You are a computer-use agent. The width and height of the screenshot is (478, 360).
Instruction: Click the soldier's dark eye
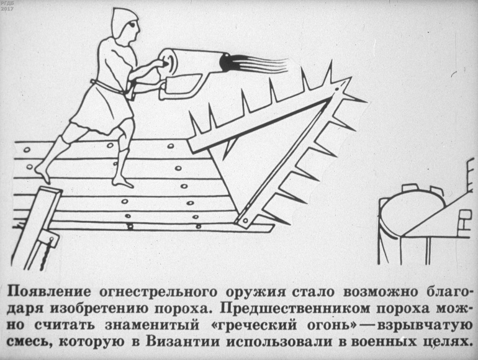tap(133, 24)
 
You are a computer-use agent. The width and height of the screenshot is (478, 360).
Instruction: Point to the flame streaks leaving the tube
tap(259, 63)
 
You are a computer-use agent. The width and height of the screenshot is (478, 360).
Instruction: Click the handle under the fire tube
tap(180, 88)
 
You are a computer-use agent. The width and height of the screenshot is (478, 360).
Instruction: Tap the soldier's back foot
tap(43, 173)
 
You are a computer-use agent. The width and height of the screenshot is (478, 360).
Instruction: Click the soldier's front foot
tap(122, 182)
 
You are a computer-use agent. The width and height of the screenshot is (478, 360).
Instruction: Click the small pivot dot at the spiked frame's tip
tap(337, 89)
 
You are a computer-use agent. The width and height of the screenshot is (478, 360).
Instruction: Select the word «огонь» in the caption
tap(331, 325)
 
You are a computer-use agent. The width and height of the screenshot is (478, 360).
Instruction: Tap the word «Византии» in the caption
tap(183, 341)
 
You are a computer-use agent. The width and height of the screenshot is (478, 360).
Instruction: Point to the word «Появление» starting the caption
tap(49, 292)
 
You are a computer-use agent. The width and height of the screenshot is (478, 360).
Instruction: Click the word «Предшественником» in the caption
tap(294, 308)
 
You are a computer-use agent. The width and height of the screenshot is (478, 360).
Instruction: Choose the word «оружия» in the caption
tap(256, 292)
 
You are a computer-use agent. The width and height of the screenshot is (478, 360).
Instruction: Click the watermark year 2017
tap(6, 9)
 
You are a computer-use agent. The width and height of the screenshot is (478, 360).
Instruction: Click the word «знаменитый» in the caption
tap(152, 325)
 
